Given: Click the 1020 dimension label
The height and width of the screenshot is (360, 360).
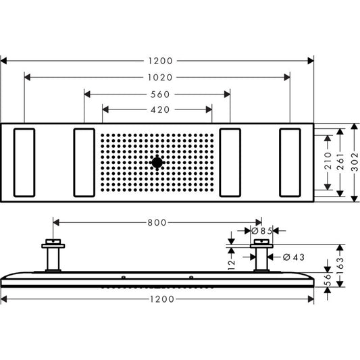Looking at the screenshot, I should pyautogui.click(x=157, y=77).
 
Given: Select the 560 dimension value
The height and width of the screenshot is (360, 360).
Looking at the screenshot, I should pyautogui.click(x=157, y=94).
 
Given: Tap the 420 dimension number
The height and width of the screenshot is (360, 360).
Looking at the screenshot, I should pyautogui.click(x=157, y=109).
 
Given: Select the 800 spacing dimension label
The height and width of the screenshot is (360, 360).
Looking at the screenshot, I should pyautogui.click(x=157, y=222).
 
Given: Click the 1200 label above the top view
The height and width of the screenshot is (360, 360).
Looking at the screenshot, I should pyautogui.click(x=157, y=60).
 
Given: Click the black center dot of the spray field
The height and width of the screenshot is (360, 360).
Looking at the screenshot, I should pyautogui.click(x=157, y=162).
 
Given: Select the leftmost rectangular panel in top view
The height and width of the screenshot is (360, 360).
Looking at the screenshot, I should pyautogui.click(x=23, y=162).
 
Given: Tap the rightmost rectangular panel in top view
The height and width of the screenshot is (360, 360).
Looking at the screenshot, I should pyautogui.click(x=290, y=162).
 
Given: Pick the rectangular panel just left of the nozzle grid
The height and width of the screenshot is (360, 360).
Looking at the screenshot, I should pyautogui.click(x=84, y=162).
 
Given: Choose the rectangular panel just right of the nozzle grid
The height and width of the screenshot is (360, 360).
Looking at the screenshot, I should pyautogui.click(x=230, y=162).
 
